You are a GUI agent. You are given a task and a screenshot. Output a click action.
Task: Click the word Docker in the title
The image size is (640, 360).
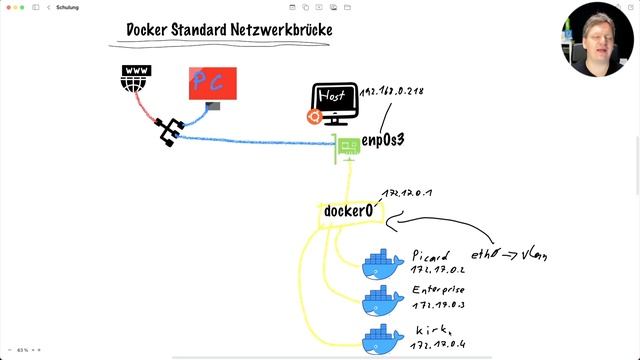click(151, 30)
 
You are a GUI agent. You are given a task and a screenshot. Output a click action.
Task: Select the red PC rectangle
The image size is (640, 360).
click(212, 84)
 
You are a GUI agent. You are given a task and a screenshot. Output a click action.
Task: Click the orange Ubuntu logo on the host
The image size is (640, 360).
click(315, 118)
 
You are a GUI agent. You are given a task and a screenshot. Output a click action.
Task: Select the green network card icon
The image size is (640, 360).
click(348, 149)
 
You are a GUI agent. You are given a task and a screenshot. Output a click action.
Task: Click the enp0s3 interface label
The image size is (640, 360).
click(383, 141)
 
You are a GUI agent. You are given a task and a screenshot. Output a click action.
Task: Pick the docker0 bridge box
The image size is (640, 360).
click(348, 212)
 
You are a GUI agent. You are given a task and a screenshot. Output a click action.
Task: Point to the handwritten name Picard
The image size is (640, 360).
click(433, 256)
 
